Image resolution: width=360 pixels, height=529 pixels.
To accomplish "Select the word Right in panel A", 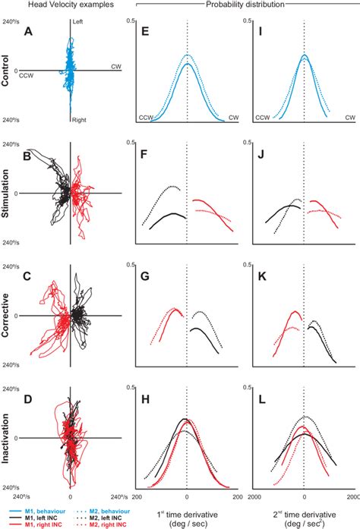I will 78,119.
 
